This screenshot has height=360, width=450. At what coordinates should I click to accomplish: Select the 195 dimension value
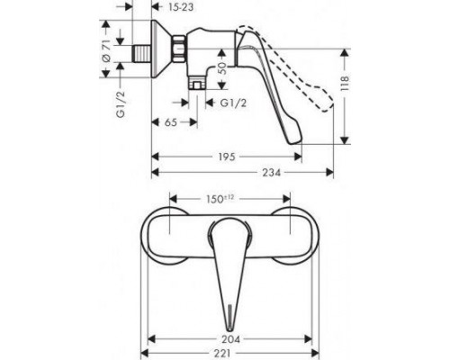228,155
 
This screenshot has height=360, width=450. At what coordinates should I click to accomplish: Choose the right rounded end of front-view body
296,236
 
